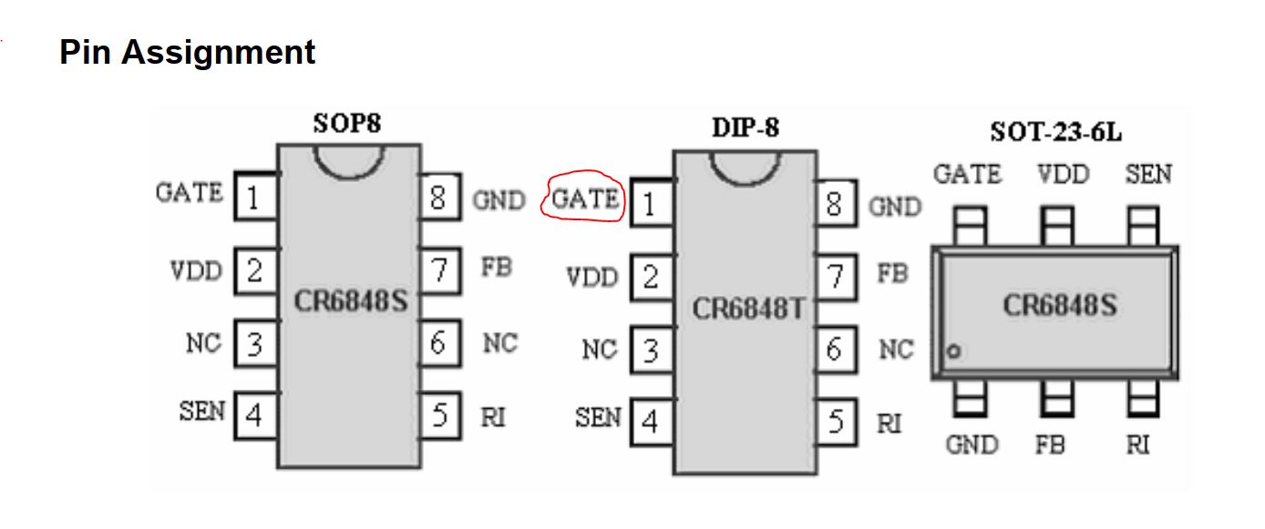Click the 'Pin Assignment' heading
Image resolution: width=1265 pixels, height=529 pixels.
point(187,53)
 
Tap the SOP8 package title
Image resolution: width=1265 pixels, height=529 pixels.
point(347,123)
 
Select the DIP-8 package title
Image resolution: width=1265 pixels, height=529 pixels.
point(746,127)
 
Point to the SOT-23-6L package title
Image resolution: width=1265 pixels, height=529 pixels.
point(1056,132)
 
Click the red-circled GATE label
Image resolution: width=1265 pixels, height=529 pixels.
point(584,198)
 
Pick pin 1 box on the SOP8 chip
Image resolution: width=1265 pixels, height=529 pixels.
point(256,197)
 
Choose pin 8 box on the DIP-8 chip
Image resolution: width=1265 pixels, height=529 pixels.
point(836,204)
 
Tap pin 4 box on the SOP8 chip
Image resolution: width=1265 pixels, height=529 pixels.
point(256,415)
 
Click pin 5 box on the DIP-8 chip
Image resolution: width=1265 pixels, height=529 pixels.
point(836,422)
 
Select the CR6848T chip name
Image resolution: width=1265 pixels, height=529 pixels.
point(747,309)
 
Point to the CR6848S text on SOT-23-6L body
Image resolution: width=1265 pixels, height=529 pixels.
point(1060,305)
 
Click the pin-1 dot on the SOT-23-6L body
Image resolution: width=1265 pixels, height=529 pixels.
point(954,351)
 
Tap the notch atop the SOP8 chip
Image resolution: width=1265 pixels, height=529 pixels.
point(349,162)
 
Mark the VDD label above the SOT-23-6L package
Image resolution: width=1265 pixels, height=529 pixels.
point(1064,174)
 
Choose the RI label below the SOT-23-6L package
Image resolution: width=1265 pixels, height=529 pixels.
point(1138,445)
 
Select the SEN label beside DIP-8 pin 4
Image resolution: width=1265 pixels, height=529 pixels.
point(598,417)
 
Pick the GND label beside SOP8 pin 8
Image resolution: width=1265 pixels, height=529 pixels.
point(499,200)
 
